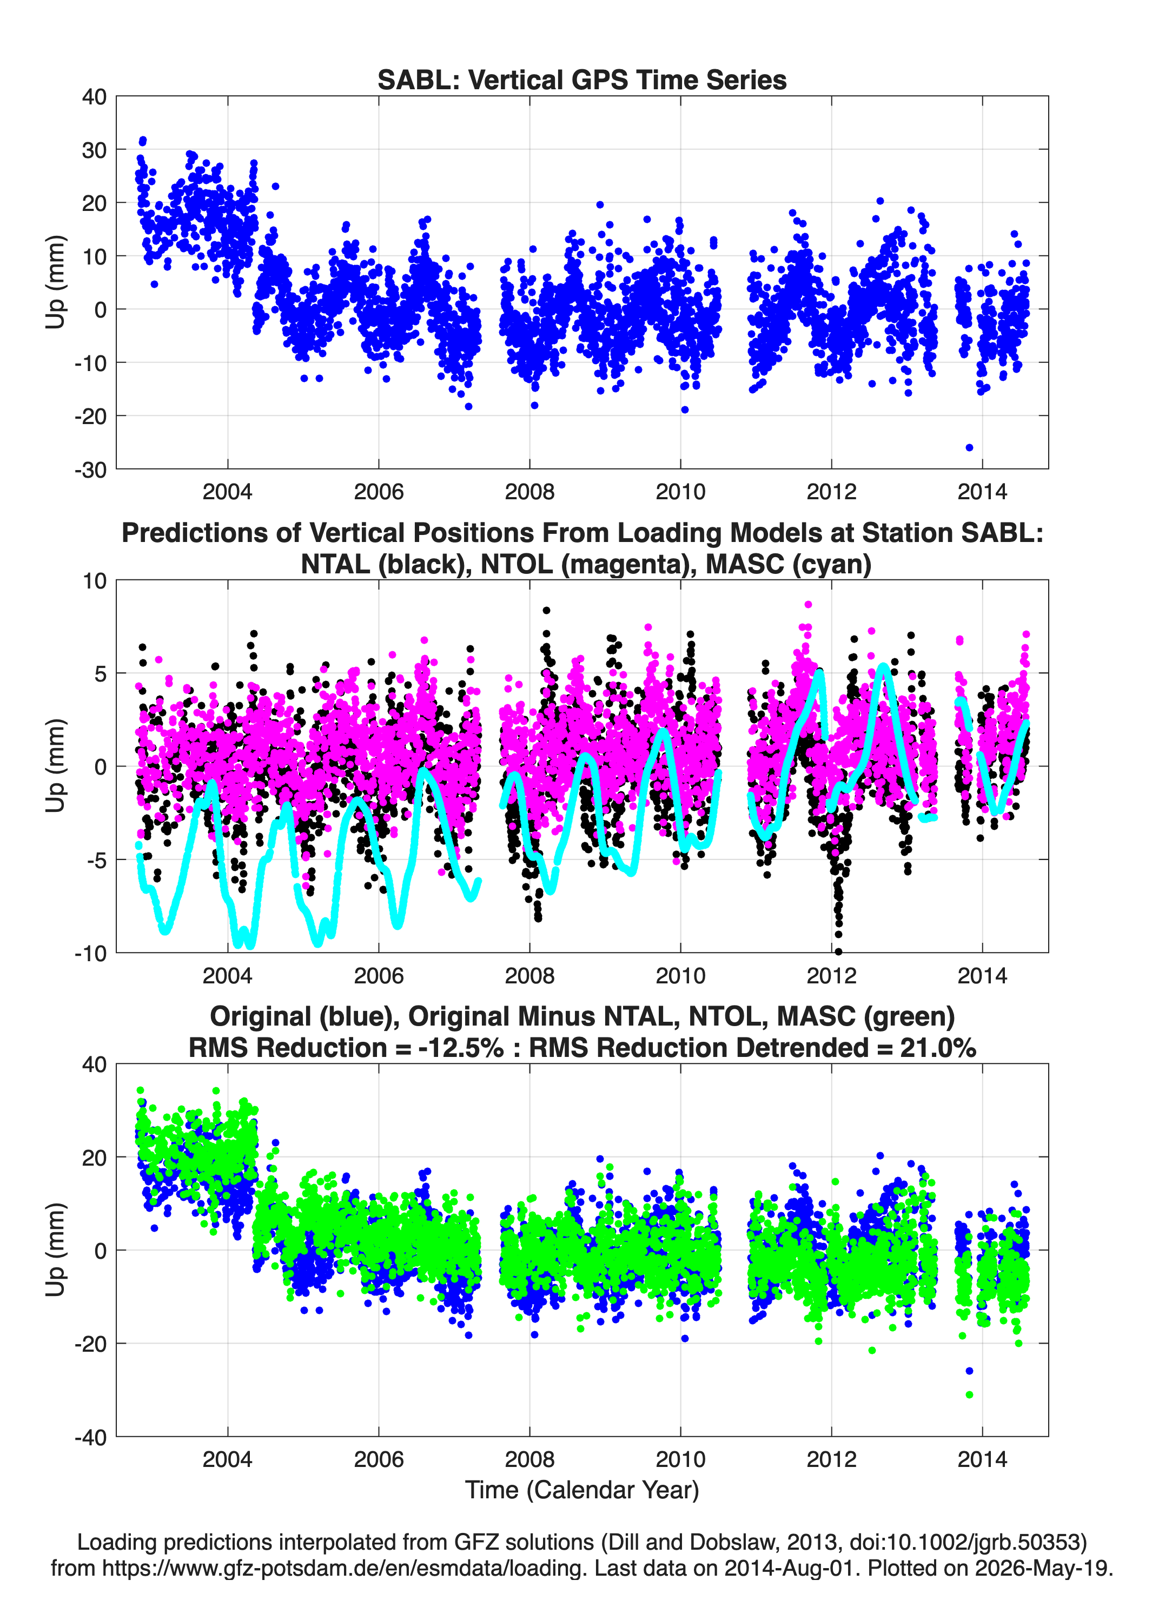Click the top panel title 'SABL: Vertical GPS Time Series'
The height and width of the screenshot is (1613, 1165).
coord(582,80)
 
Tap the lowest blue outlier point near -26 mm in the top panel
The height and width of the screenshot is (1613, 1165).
coord(969,447)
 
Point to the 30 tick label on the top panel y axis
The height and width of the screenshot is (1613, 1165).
coord(95,150)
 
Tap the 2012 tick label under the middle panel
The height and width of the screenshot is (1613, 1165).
coord(831,975)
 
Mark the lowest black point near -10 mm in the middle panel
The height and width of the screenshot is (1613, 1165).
coord(838,951)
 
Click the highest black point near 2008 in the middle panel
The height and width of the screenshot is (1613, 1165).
coord(546,610)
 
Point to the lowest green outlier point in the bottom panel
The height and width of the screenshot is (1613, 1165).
coord(969,1394)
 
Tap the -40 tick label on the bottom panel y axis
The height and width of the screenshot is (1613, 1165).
coord(90,1437)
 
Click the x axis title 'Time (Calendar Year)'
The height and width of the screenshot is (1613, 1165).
coord(582,1490)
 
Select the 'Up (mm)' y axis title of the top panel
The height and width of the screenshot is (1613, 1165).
coord(56,282)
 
